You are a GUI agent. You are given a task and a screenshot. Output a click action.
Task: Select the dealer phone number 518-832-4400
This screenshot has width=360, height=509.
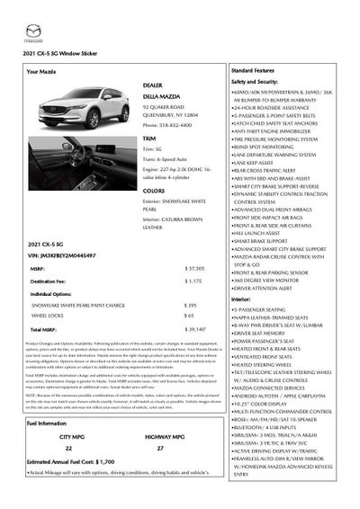click(x=166, y=125)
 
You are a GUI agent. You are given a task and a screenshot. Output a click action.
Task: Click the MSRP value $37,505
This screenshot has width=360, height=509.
click(x=194, y=268)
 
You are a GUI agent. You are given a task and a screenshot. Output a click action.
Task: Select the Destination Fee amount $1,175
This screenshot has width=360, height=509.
click(x=193, y=281)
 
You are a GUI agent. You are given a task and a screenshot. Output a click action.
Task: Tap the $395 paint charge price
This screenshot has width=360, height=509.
click(x=191, y=305)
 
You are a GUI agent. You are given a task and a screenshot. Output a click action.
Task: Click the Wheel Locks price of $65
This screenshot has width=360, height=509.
click(x=189, y=317)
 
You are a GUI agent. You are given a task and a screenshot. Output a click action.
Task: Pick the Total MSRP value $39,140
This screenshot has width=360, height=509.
click(x=195, y=330)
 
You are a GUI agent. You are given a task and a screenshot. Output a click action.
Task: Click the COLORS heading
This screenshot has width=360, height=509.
click(x=154, y=191)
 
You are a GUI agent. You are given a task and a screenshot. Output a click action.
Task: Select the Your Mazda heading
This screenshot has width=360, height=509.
click(x=42, y=70)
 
